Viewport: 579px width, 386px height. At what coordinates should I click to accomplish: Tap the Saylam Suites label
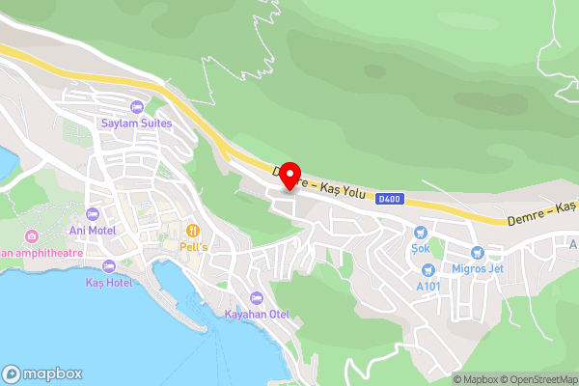136,124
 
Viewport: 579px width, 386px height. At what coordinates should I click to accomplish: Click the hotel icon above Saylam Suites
136,106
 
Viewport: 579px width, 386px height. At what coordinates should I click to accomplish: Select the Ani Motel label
93,231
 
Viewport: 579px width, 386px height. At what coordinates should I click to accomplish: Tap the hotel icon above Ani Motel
93,213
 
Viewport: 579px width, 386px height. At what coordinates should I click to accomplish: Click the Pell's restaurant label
193,247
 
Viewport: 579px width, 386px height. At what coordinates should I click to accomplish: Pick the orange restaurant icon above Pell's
193,231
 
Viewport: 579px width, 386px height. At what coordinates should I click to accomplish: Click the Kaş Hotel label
108,282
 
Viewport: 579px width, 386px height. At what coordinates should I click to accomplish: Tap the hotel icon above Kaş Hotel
108,265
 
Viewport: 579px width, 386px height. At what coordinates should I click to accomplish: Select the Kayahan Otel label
256,314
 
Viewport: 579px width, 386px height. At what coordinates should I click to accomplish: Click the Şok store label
420,248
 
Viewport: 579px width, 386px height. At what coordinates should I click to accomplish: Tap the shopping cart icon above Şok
421,232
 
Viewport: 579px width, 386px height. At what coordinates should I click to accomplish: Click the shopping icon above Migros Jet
477,251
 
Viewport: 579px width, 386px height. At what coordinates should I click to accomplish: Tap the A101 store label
428,286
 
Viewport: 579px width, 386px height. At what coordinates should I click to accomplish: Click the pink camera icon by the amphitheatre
32,236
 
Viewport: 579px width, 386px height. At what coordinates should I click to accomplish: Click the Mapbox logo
41,373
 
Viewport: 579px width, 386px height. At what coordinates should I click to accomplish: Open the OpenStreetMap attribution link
538,379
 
